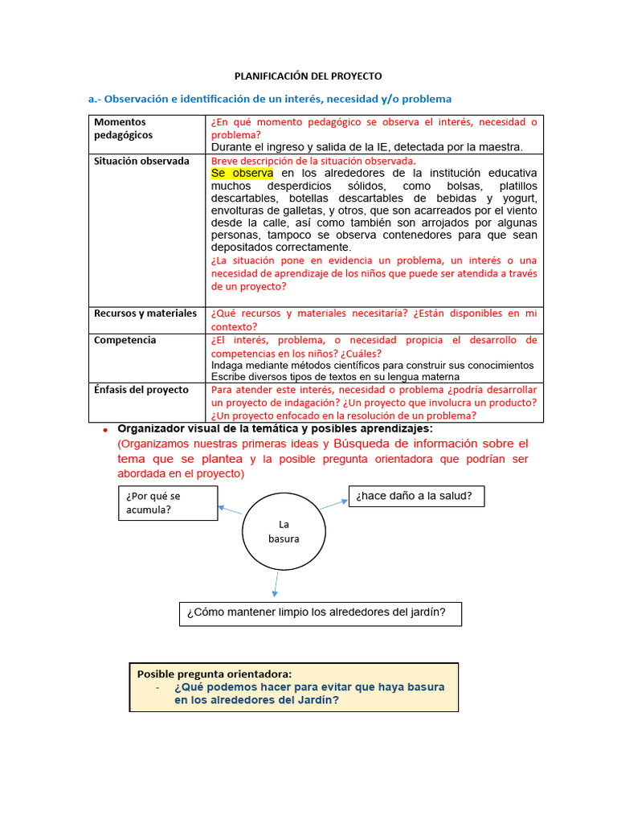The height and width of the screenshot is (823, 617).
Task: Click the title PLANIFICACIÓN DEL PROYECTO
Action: point(308,76)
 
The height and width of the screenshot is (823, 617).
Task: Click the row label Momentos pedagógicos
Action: point(123,129)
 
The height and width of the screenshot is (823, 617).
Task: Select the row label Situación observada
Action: point(141,161)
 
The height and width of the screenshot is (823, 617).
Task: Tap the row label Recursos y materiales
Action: point(145,313)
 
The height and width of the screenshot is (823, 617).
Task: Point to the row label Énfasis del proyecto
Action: point(141,390)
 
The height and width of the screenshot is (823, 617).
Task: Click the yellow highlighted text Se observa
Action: point(242,173)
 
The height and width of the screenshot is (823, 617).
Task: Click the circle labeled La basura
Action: point(284,531)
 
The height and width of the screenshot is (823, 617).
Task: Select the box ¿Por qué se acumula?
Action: point(167,502)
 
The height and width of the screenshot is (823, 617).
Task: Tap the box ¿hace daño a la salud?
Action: point(416,497)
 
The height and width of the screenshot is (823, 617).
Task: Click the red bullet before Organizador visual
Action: point(104,432)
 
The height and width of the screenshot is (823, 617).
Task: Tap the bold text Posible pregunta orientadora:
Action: point(215,674)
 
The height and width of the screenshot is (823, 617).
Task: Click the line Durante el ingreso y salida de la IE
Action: point(366,147)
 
